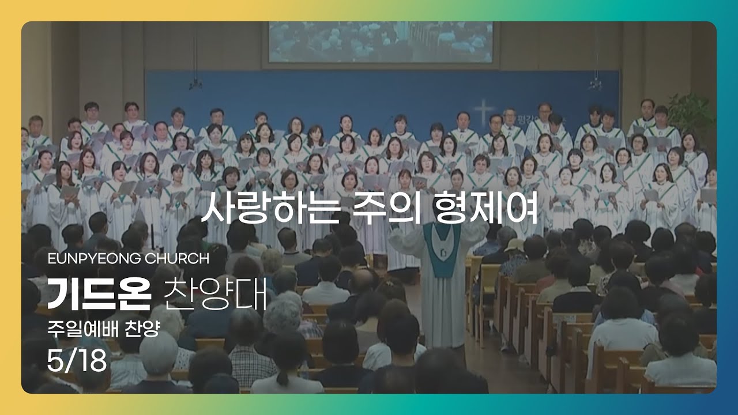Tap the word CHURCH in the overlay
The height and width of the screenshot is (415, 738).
(177, 259)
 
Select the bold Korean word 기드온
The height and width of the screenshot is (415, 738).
(99, 295)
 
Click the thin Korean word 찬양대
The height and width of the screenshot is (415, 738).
(215, 295)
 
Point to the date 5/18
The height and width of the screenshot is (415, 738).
(77, 360)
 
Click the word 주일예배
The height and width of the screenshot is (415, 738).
(83, 329)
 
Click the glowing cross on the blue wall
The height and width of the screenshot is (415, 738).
(483, 111)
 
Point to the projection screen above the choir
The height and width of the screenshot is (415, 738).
(381, 42)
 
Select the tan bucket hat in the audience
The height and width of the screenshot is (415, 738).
(514, 245)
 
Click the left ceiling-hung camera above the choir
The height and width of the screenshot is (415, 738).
(195, 84)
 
